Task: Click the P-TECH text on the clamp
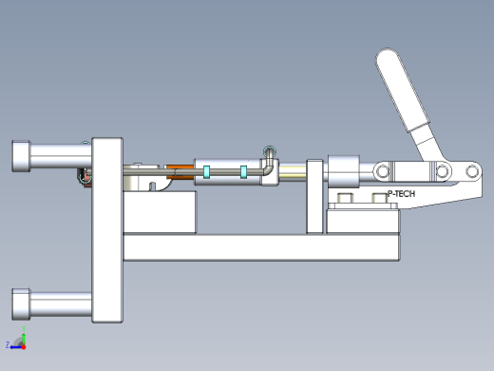pyautogui.click(x=401, y=194)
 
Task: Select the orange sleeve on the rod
pyautogui.click(x=180, y=171)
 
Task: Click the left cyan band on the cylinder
pyautogui.click(x=206, y=172)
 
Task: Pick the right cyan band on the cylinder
pyautogui.click(x=243, y=172)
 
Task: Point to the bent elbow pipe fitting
pyautogui.click(x=269, y=164)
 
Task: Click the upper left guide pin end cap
pyautogui.click(x=21, y=156)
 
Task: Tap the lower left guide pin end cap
pyautogui.click(x=21, y=304)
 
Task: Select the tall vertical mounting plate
pyautogui.click(x=107, y=230)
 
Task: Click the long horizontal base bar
pyautogui.click(x=261, y=247)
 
